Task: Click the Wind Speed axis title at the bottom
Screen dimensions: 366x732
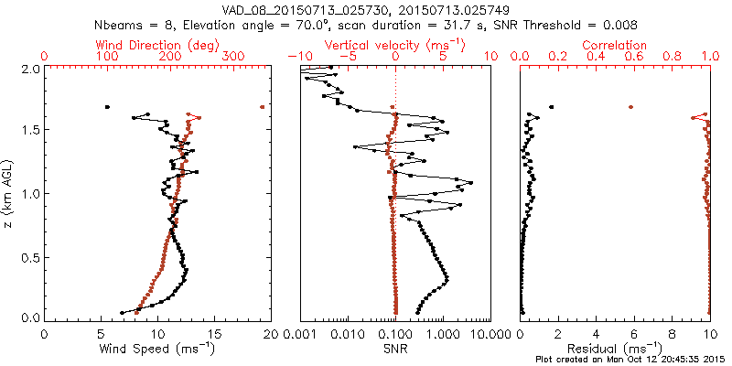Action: click(x=157, y=349)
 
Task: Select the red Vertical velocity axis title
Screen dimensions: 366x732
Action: click(x=395, y=45)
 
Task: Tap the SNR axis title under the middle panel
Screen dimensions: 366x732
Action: click(x=394, y=349)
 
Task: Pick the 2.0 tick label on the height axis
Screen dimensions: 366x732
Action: click(x=29, y=69)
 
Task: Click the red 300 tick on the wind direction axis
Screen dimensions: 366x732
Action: click(x=233, y=57)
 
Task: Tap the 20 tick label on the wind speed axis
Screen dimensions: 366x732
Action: click(x=270, y=335)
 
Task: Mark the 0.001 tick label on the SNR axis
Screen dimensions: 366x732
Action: click(x=301, y=335)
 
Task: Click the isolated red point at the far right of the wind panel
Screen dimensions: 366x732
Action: click(x=263, y=107)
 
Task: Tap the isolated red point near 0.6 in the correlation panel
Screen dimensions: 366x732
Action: click(x=630, y=107)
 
